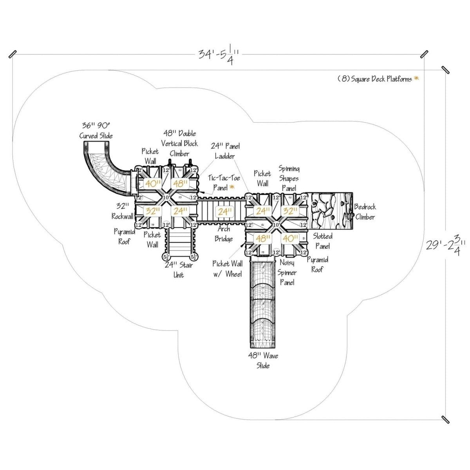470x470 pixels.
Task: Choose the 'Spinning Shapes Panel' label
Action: tap(289, 178)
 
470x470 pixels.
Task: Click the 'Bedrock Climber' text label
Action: tap(365, 212)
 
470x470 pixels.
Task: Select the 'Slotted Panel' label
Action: tap(323, 241)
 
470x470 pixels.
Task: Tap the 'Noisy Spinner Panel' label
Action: tap(287, 272)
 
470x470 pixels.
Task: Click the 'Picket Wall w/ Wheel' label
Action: tap(227, 269)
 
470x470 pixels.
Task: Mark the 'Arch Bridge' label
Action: tap(224, 234)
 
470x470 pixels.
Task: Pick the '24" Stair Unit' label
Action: tap(179, 269)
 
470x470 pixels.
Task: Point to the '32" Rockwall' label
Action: tap(122, 211)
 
